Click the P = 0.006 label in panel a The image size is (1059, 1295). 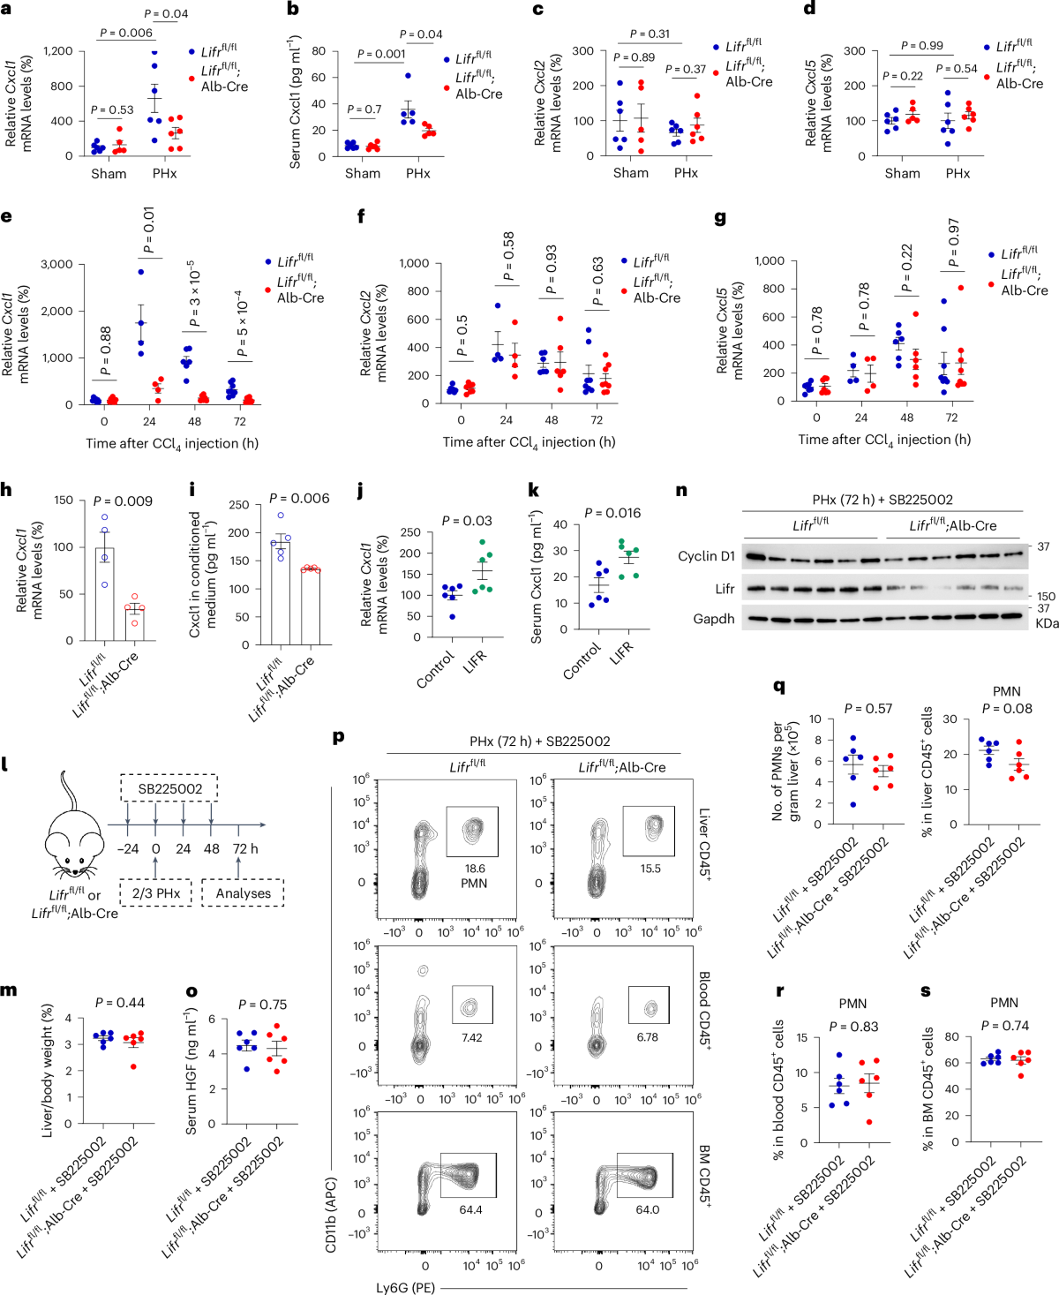click(x=125, y=33)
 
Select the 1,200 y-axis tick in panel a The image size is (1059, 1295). click(x=57, y=51)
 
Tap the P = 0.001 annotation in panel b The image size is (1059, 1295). click(x=380, y=54)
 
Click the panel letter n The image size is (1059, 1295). click(x=681, y=490)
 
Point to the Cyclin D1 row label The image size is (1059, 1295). click(x=706, y=556)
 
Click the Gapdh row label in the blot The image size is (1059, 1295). click(x=713, y=618)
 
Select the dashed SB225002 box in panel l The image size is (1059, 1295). click(x=169, y=788)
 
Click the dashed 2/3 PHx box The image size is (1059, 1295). click(x=155, y=892)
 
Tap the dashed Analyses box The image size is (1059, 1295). click(x=243, y=892)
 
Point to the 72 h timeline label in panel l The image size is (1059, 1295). click(x=245, y=848)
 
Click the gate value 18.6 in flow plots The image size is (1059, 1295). click(x=475, y=869)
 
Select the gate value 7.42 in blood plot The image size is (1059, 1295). click(x=471, y=1037)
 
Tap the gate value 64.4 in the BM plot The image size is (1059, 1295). click(x=470, y=1209)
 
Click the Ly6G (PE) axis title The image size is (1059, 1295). click(x=405, y=1287)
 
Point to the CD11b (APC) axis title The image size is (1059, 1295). click(x=331, y=1214)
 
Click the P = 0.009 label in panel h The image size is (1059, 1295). click(x=123, y=501)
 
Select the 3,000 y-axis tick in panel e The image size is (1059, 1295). click(x=56, y=264)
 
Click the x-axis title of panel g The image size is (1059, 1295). click(x=883, y=439)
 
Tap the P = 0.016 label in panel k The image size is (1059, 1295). click(x=612, y=513)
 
